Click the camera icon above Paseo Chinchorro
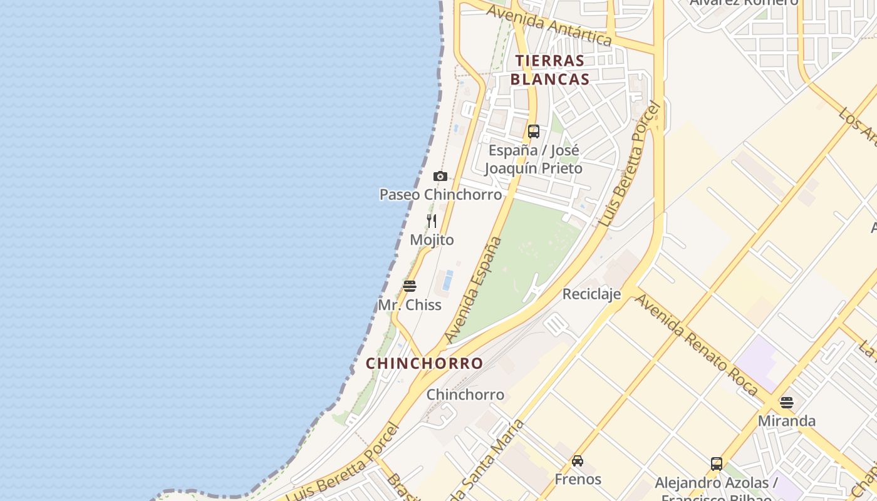click(440, 177)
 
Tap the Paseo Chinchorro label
click(440, 195)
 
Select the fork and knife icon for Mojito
click(432, 221)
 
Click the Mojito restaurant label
click(432, 240)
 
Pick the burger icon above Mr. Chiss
click(410, 286)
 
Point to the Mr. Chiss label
click(410, 305)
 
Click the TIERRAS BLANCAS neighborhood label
click(550, 70)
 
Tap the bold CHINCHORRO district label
click(424, 363)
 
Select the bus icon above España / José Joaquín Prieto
click(534, 132)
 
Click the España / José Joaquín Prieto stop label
click(533, 160)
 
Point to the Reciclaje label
click(591, 294)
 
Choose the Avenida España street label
click(474, 289)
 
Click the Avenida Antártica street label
click(549, 25)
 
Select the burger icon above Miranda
click(787, 402)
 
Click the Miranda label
click(787, 421)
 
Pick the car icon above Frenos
click(578, 461)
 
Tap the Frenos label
click(578, 480)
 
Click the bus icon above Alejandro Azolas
click(717, 464)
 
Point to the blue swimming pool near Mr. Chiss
click(447, 281)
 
